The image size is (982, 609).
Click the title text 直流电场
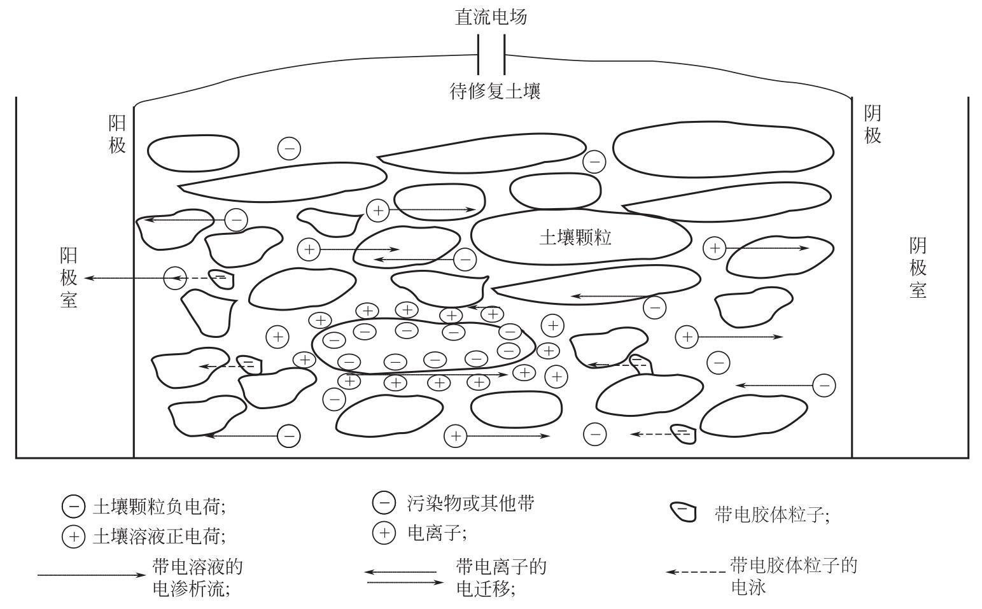[x=491, y=17]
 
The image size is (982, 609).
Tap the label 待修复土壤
[x=495, y=92]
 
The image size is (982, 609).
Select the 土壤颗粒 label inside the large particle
[x=575, y=238]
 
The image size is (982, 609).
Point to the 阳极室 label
[x=69, y=278]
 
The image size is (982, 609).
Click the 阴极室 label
[x=917, y=268]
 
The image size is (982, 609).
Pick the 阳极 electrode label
[x=117, y=134]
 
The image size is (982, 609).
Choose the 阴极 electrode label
[x=873, y=124]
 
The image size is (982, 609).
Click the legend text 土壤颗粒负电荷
[x=159, y=507]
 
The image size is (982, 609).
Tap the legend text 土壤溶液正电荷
[x=159, y=536]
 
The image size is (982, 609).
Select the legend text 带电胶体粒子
[x=772, y=514]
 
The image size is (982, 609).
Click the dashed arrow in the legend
[x=696, y=572]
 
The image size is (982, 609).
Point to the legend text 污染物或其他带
[x=470, y=503]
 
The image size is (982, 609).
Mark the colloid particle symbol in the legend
[x=684, y=512]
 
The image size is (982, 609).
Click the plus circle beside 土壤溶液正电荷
[x=73, y=536]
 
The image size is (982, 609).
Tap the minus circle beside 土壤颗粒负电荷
[x=73, y=507]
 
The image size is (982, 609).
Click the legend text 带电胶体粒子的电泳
[x=794, y=576]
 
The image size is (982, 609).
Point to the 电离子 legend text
[x=437, y=533]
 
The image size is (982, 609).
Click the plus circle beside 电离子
[x=384, y=533]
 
